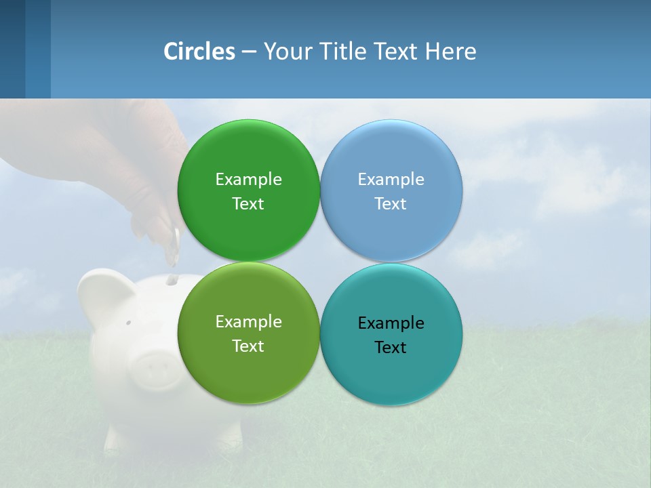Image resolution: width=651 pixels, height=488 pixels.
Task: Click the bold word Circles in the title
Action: pos(199,52)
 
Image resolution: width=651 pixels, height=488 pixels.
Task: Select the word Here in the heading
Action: pos(450,52)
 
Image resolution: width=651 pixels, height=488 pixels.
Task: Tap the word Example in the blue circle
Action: pos(391,180)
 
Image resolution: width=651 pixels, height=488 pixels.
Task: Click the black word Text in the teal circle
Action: pos(390,348)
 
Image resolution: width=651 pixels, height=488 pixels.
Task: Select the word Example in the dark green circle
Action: pos(248,180)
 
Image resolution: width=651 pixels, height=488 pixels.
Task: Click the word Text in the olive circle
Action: pos(248,346)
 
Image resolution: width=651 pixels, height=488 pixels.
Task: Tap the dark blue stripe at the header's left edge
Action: pos(12,49)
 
